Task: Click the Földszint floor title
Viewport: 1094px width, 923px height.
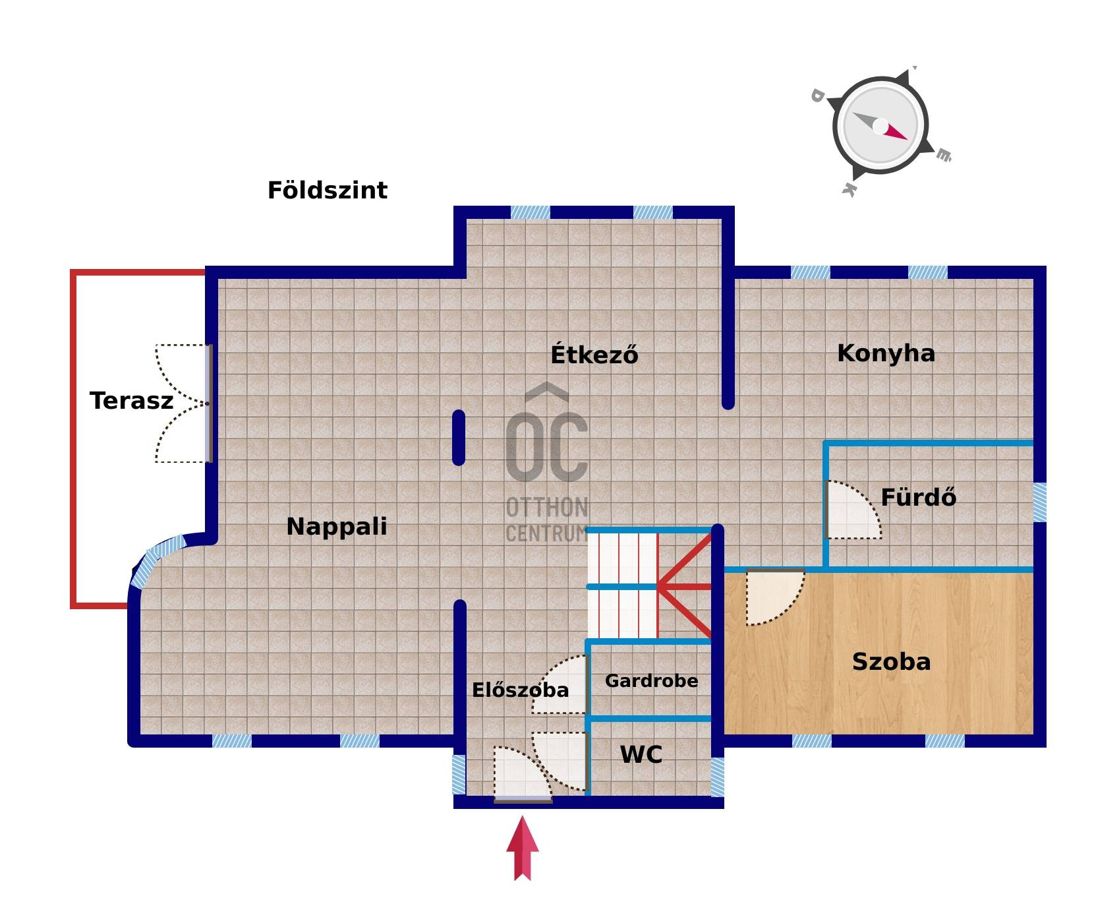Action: point(327,191)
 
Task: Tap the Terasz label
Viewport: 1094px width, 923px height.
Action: point(131,401)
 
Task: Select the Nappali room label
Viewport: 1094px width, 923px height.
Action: point(337,526)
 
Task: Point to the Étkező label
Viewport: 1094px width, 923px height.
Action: point(594,355)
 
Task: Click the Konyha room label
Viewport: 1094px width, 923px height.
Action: point(886,353)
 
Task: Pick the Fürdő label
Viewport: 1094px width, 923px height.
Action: point(918,497)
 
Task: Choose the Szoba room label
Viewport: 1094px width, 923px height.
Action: point(891,661)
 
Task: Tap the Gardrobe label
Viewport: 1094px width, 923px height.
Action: point(651,680)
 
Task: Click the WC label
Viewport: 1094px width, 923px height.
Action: point(641,754)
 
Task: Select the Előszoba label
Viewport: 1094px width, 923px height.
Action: point(520,690)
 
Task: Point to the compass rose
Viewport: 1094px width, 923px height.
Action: point(880,125)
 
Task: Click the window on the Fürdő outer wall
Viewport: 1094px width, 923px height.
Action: point(1039,502)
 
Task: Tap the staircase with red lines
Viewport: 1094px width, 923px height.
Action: point(649,585)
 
